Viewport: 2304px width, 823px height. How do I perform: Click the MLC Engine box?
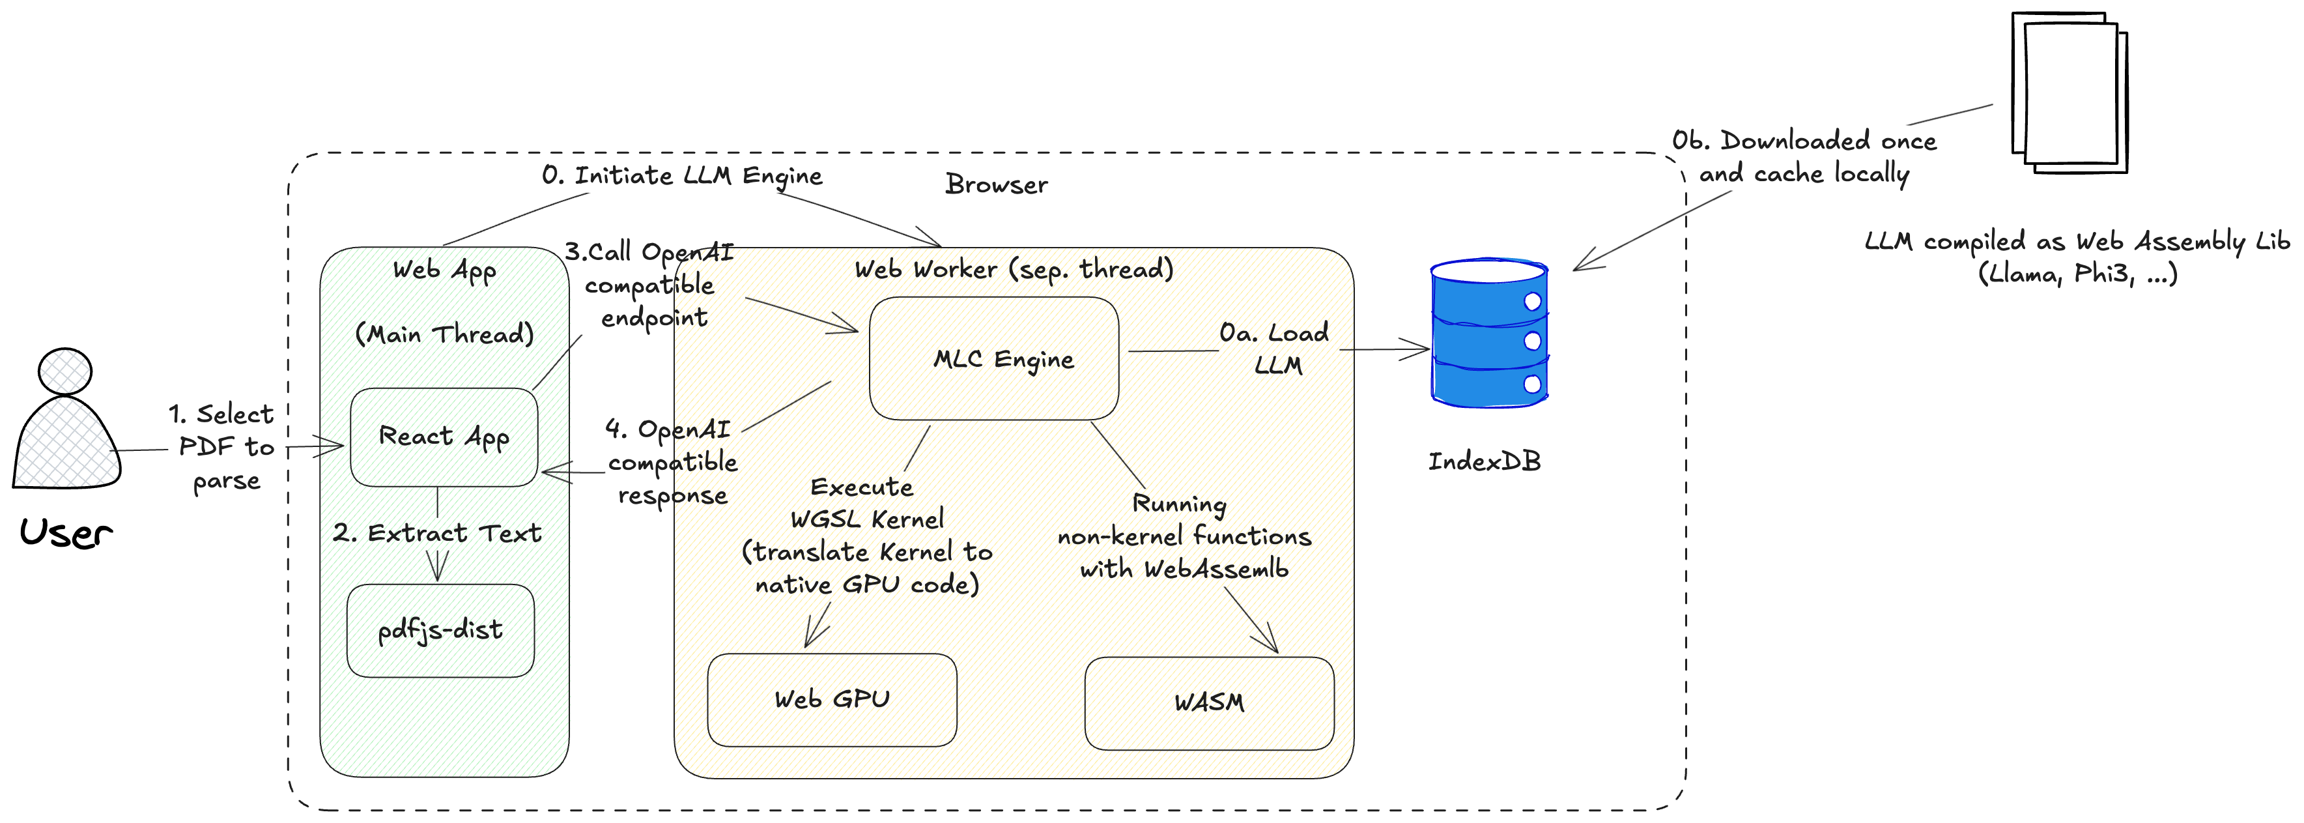[993, 359]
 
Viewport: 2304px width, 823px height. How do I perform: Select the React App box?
[444, 437]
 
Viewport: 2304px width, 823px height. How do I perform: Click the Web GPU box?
[832, 700]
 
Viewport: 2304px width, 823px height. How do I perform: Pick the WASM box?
[1208, 703]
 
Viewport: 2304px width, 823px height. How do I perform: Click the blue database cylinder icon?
[1489, 333]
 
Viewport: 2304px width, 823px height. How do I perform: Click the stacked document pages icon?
[2069, 93]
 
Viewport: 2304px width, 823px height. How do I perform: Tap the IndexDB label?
[1484, 461]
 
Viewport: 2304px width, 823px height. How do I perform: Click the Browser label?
[997, 184]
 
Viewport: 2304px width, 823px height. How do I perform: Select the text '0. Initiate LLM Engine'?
[681, 175]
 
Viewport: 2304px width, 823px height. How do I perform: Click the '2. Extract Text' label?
[436, 533]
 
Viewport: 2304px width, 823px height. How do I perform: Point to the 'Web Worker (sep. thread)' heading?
[1014, 269]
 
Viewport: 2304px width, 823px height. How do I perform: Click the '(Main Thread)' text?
[444, 334]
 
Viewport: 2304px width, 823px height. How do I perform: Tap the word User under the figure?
[65, 533]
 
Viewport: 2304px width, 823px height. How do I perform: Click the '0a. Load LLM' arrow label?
[1275, 349]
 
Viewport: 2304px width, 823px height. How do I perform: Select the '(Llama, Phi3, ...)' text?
[2077, 274]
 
